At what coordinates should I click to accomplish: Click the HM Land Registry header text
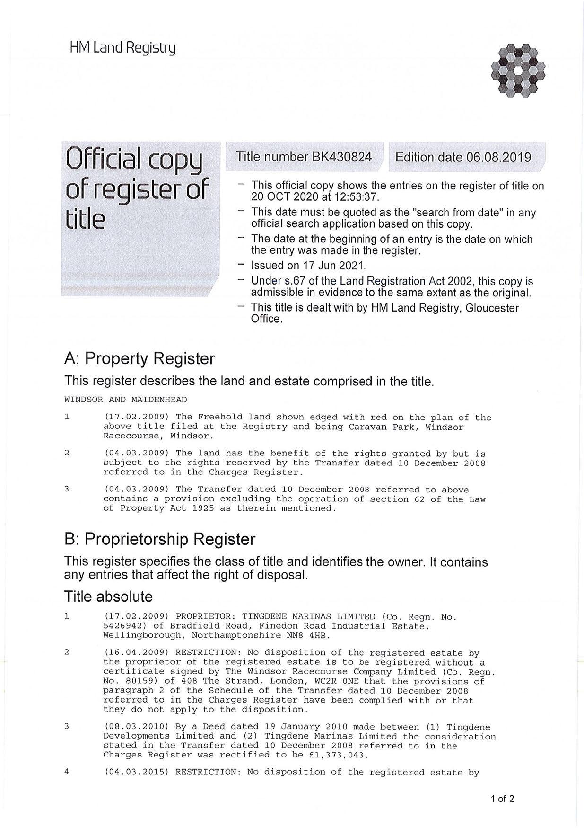(x=122, y=48)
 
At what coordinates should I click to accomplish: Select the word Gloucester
(x=492, y=308)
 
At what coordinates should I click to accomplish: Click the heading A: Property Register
(x=139, y=359)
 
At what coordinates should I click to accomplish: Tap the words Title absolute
(x=108, y=597)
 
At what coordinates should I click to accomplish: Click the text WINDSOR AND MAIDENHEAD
(x=125, y=400)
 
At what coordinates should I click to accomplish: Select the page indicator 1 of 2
(x=503, y=800)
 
